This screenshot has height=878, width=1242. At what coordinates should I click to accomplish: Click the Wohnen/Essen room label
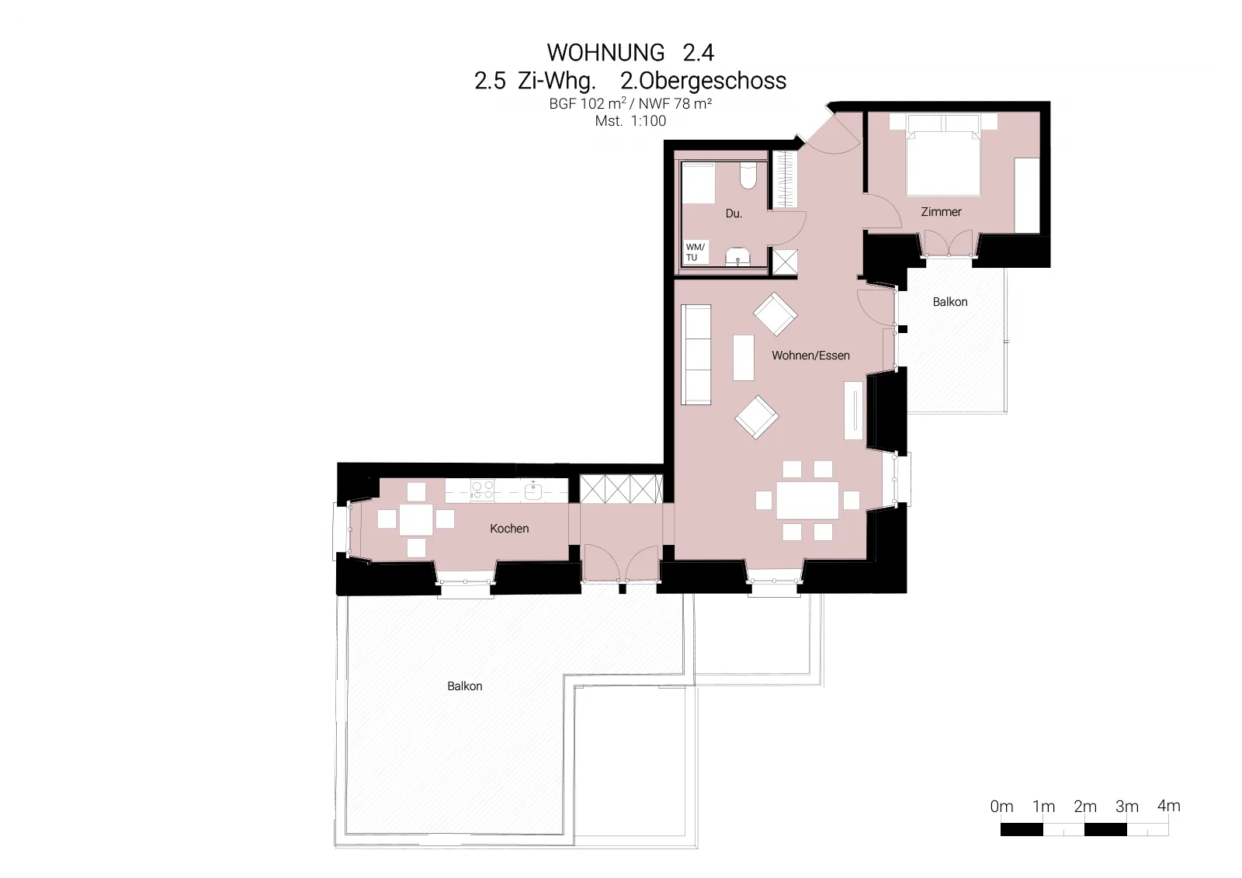(x=810, y=356)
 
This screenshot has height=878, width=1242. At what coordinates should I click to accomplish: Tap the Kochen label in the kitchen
(x=509, y=529)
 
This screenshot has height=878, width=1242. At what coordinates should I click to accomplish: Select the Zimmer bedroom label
(x=941, y=212)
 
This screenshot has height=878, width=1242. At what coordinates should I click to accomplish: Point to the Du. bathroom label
(x=734, y=213)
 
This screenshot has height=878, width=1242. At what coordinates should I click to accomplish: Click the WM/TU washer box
(x=696, y=252)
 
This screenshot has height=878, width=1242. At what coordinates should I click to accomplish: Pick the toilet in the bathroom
(x=748, y=175)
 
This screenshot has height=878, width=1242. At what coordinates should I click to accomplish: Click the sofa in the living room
(x=696, y=355)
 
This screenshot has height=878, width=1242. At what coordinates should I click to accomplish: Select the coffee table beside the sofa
(x=744, y=357)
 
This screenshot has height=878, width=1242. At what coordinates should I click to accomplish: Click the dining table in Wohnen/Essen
(x=807, y=500)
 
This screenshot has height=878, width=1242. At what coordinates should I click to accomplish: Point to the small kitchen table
(x=416, y=519)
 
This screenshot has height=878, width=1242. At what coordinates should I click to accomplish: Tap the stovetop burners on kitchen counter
(x=482, y=491)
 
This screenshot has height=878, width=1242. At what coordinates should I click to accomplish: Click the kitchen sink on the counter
(x=533, y=491)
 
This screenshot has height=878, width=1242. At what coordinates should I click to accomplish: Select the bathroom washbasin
(x=738, y=257)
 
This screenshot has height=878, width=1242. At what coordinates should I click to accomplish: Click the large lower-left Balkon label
(x=465, y=686)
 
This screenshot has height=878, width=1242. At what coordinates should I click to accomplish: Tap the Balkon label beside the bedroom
(x=950, y=302)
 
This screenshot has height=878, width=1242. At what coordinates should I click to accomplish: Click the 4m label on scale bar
(x=1168, y=806)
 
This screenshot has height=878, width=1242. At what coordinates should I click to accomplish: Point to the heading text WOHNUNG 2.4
(x=630, y=53)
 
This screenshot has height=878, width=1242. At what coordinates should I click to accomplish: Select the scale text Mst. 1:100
(x=630, y=121)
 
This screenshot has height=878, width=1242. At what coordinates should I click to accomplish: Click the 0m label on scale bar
(x=1001, y=807)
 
